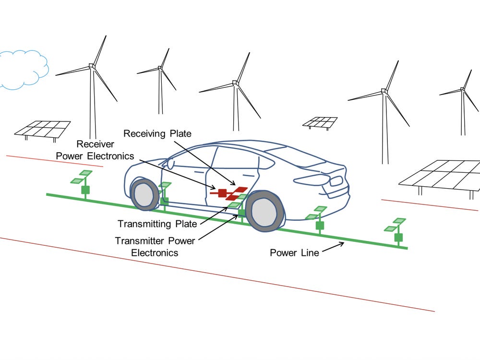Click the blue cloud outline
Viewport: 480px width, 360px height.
(x=23, y=70)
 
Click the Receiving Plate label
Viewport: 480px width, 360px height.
(x=158, y=133)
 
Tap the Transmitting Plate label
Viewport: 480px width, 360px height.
(x=157, y=224)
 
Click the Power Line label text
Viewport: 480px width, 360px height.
(x=294, y=252)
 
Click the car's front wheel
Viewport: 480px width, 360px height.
(x=144, y=194)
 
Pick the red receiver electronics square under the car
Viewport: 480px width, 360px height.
(x=222, y=193)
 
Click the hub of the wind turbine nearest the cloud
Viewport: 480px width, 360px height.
(x=91, y=67)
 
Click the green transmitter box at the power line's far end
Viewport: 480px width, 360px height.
(x=398, y=237)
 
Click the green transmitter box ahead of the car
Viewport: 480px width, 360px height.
(x=85, y=190)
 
